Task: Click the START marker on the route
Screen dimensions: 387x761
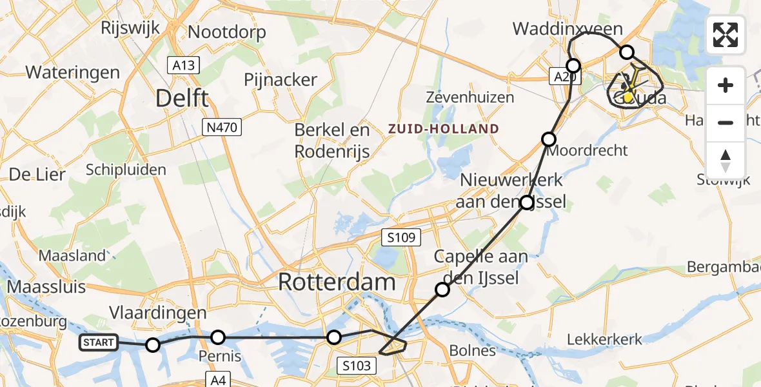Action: click(x=99, y=342)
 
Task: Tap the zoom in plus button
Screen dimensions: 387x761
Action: click(x=726, y=85)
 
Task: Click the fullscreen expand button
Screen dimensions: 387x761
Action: click(x=726, y=35)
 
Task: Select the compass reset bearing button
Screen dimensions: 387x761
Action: click(x=726, y=160)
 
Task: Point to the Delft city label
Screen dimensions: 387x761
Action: click(x=183, y=99)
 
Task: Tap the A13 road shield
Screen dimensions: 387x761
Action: click(x=184, y=64)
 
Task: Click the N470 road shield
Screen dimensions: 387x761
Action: click(x=222, y=128)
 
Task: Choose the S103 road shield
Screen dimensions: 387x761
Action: click(x=356, y=366)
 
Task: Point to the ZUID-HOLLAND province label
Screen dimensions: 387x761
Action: click(x=444, y=129)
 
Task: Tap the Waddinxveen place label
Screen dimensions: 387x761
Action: click(x=568, y=29)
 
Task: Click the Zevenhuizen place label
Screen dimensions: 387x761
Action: click(x=470, y=97)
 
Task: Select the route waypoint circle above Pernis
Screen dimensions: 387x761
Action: click(x=219, y=337)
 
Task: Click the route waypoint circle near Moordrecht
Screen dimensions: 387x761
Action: click(x=549, y=139)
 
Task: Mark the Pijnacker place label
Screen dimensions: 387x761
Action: click(x=281, y=80)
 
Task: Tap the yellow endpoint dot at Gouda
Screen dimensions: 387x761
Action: click(x=628, y=97)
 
